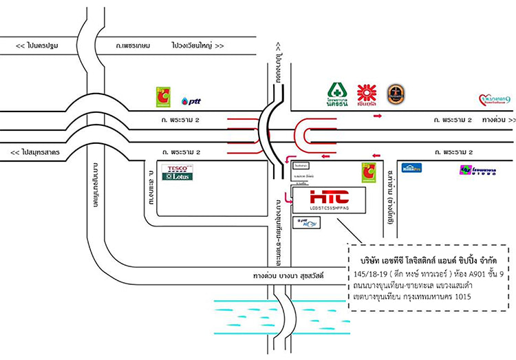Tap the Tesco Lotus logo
point(177,172)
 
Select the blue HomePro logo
point(412,168)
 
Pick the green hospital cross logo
point(336,94)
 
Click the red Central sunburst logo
point(367,94)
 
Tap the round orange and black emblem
point(396,94)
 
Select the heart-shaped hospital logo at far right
point(495,100)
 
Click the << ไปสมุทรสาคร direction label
point(34,151)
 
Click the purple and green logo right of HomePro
point(475,169)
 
